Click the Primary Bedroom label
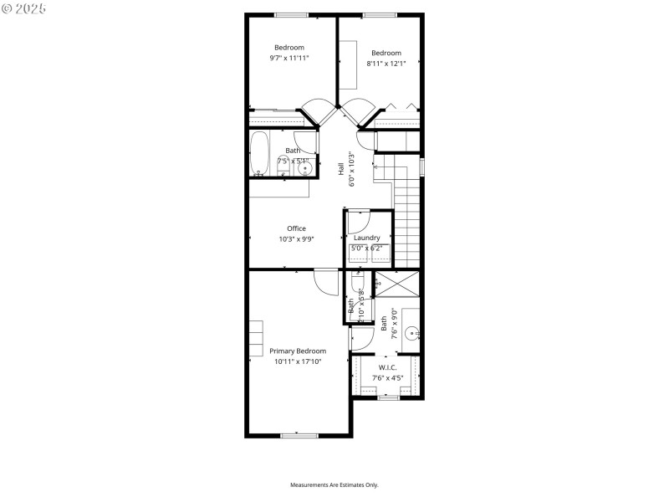298,351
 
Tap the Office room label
296,228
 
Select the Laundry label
366,238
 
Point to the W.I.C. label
387,367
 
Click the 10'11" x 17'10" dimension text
298,361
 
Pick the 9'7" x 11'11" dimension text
289,59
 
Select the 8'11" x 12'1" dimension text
386,64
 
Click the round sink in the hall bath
304,168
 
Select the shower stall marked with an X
398,284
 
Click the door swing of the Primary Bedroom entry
326,282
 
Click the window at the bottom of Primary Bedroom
299,435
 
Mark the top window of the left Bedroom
291,14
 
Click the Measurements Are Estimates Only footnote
334,485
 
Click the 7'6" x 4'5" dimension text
387,378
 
